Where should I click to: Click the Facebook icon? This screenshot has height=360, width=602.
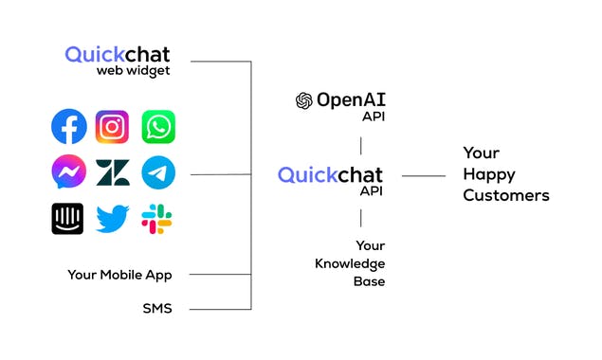click(x=68, y=126)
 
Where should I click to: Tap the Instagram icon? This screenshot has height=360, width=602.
click(x=113, y=126)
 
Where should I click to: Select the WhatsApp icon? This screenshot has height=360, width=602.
click(x=158, y=126)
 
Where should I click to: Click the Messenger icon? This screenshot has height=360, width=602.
click(x=68, y=172)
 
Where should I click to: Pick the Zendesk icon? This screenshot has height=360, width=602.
click(x=113, y=172)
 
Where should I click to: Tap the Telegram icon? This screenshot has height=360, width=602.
click(x=158, y=172)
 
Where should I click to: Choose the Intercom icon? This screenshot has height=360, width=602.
click(x=68, y=219)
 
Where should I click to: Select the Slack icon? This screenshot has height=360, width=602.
click(x=157, y=219)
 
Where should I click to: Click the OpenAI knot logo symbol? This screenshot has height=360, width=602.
click(x=304, y=100)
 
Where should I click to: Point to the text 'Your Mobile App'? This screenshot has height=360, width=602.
click(x=119, y=275)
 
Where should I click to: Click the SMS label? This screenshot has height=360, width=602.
click(x=157, y=308)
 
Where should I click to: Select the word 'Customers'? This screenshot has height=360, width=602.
click(x=506, y=195)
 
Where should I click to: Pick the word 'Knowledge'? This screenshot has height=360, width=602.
click(x=350, y=263)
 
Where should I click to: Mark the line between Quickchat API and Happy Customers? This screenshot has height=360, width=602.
click(x=424, y=175)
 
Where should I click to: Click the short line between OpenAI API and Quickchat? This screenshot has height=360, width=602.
click(x=360, y=144)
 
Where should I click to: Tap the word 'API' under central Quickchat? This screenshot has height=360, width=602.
click(x=371, y=190)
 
